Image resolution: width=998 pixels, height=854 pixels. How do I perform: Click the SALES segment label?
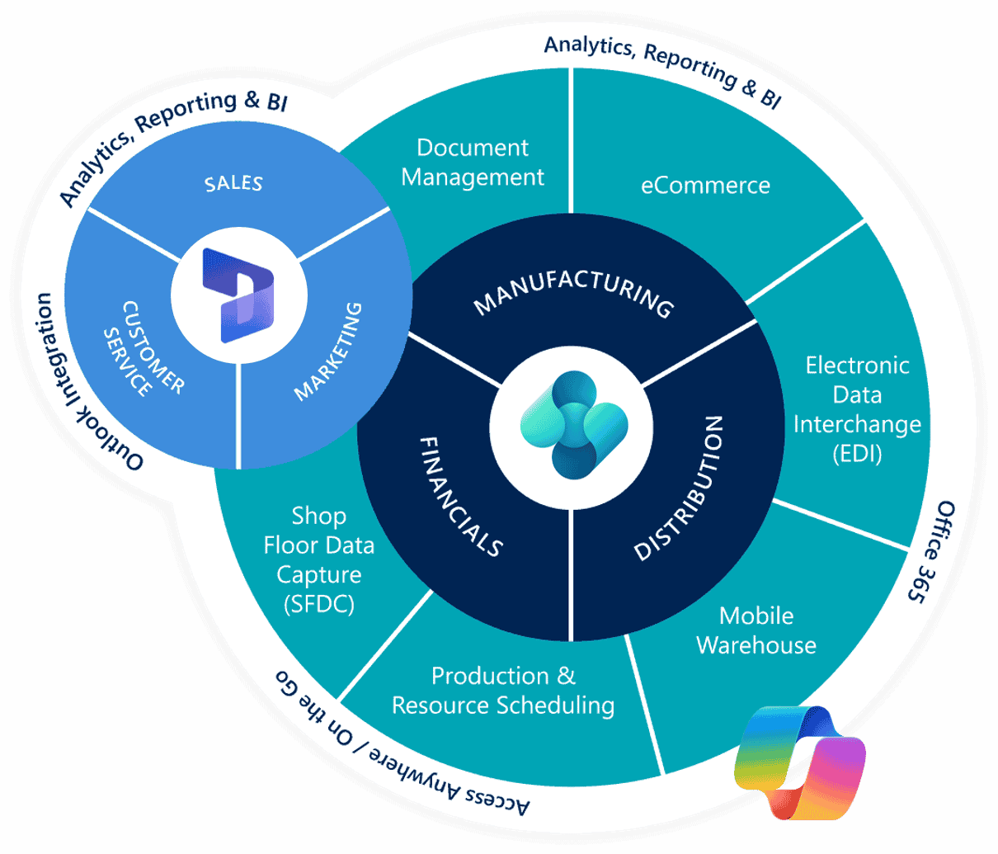click(233, 184)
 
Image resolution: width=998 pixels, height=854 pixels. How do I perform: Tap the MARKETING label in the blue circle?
click(328, 352)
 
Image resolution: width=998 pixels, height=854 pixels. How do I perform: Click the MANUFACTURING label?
click(573, 294)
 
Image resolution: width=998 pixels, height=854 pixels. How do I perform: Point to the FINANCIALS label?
click(462, 497)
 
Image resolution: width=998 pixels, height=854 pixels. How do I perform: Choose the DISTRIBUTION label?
click(678, 488)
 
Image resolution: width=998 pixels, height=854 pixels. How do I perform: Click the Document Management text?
click(473, 163)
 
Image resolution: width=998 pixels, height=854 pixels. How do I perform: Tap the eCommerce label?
click(705, 186)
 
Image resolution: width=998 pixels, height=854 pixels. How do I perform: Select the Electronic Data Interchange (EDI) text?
click(858, 409)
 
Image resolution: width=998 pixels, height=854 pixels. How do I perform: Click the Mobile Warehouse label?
click(756, 631)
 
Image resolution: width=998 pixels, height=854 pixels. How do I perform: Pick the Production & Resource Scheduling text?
click(503, 691)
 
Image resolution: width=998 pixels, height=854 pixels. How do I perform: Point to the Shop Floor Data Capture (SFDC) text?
click(319, 560)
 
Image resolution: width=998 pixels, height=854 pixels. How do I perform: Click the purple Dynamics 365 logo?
click(238, 295)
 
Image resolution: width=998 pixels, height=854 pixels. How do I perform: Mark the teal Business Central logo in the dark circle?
click(573, 425)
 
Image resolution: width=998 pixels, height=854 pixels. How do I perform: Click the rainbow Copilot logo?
click(799, 762)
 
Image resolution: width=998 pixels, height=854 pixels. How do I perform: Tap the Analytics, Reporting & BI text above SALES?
click(169, 140)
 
